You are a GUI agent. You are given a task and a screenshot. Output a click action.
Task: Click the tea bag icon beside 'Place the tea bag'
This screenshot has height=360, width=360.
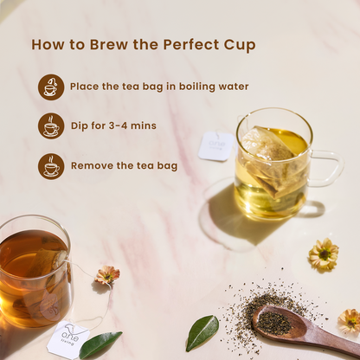tap(51, 87)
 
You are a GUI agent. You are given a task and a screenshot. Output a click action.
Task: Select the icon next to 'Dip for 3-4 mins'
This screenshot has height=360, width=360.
tap(51, 126)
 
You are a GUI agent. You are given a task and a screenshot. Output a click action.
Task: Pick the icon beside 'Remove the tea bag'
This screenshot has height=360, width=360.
tap(51, 166)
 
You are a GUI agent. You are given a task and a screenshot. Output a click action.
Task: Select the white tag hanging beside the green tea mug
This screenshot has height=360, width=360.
tap(216, 146)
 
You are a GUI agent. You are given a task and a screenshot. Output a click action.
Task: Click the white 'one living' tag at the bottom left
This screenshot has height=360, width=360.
tap(68, 336)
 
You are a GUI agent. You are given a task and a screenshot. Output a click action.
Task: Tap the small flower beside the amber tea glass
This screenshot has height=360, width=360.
tap(107, 275)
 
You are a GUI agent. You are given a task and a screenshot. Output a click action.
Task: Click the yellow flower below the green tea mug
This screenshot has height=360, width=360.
tap(324, 254)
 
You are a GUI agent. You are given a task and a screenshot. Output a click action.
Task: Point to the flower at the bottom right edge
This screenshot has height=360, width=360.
tap(350, 321)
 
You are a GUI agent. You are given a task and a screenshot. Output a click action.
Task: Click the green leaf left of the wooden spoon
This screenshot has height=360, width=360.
tap(202, 332)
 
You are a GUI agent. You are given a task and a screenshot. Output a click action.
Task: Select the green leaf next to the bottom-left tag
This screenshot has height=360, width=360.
tap(100, 344)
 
